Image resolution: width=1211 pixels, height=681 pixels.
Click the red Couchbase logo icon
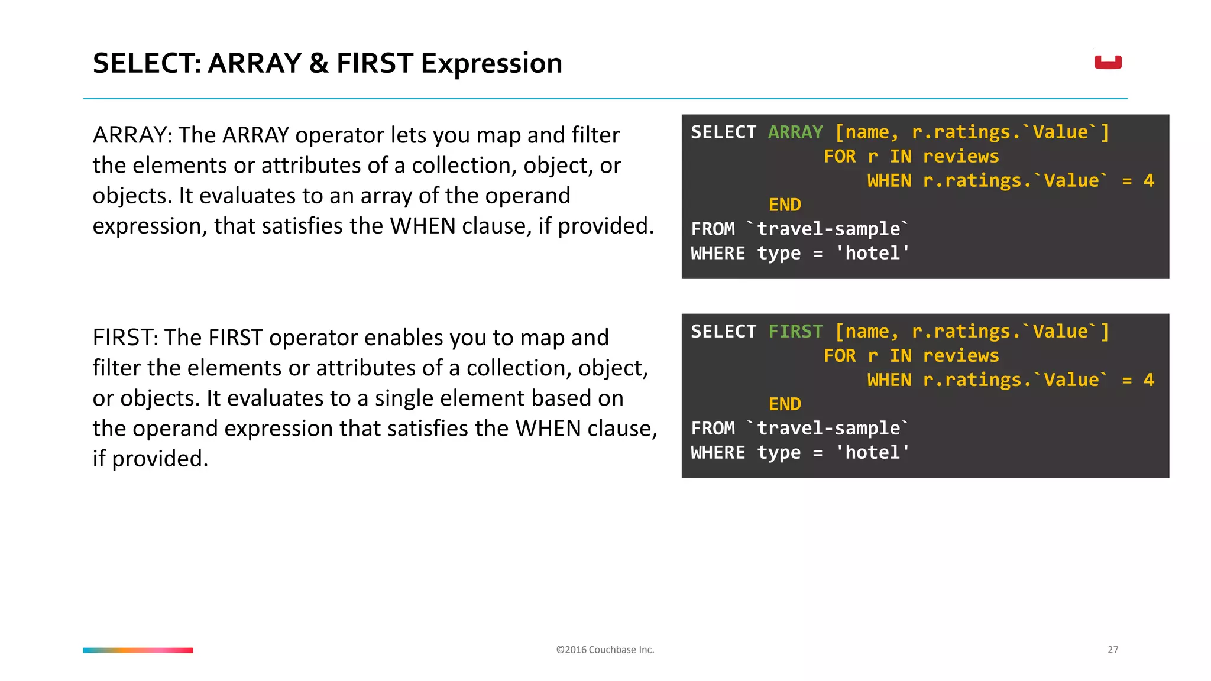[x=1108, y=62]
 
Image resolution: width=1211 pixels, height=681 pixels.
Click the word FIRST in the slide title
[x=374, y=63]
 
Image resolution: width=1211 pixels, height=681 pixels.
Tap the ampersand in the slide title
[x=319, y=63]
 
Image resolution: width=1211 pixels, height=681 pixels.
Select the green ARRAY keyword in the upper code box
[x=795, y=132]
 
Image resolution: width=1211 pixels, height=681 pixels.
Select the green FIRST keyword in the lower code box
[x=795, y=331]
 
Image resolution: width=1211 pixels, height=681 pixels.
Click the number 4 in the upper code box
[x=1148, y=180]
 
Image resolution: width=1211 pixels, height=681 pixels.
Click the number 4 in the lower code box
[x=1148, y=380]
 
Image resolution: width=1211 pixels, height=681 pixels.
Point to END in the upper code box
[x=785, y=205]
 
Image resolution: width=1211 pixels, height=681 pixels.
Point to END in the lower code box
[x=785, y=404]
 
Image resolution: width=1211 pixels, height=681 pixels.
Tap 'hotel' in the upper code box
[x=872, y=253]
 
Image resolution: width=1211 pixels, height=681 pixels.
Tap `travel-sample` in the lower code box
[x=828, y=428]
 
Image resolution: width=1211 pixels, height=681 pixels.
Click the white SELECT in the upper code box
[x=723, y=132]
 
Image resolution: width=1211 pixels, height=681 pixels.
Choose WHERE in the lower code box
[x=718, y=452]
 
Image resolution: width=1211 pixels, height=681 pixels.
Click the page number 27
[x=1112, y=650]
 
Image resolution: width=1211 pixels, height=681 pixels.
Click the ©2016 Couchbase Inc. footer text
[x=605, y=650]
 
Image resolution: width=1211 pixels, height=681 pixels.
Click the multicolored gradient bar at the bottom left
[x=138, y=650]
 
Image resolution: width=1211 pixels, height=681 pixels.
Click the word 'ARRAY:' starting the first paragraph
[x=132, y=135]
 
